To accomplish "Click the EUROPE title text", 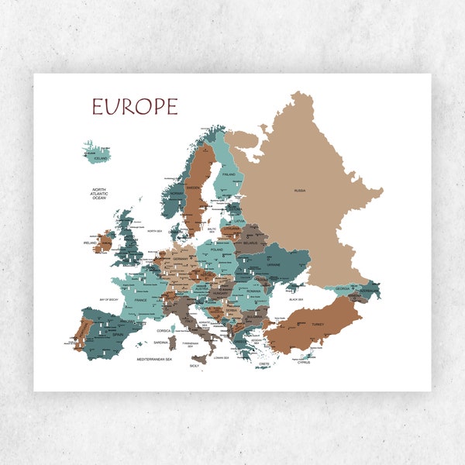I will pyautogui.click(x=135, y=107).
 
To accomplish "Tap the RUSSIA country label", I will pyautogui.click(x=299, y=190).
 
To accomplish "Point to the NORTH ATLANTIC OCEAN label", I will pyautogui.click(x=98, y=194).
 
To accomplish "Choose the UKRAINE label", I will pyautogui.click(x=274, y=265).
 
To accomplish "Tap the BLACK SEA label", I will pyautogui.click(x=295, y=298).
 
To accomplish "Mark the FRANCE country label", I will pyautogui.click(x=140, y=299).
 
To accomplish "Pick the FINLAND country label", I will pyautogui.click(x=229, y=174).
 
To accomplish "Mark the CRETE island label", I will pyautogui.click(x=264, y=364).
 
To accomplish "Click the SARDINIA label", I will pyautogui.click(x=161, y=342).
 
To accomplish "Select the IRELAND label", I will pyautogui.click(x=89, y=243).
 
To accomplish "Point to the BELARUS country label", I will pyautogui.click(x=250, y=243).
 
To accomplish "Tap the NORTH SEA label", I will pyautogui.click(x=154, y=230).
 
